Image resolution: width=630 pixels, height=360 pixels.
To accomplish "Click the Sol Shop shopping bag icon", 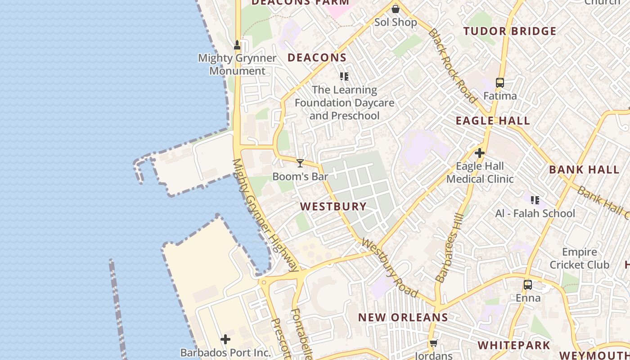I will (x=395, y=9).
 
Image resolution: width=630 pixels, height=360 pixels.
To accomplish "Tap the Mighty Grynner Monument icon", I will (x=237, y=45).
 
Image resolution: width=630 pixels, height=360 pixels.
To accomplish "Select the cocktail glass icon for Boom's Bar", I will (x=300, y=163).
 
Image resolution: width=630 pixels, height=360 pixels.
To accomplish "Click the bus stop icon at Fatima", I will (x=500, y=83).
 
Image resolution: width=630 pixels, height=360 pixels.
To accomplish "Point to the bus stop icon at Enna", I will (x=527, y=285).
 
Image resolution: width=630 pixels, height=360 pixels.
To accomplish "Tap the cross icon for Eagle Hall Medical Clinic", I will (x=480, y=153).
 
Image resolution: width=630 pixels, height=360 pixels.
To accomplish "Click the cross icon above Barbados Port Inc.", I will (x=225, y=339).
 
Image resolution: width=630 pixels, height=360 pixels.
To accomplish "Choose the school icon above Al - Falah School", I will (x=535, y=200).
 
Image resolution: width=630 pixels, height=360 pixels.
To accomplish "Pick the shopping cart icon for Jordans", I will (x=433, y=343).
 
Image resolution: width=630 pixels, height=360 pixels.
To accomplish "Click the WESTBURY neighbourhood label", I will (x=333, y=207).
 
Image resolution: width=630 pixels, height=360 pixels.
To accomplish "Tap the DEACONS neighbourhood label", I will (x=317, y=58).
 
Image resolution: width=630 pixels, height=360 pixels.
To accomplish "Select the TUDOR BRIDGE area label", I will (x=510, y=31).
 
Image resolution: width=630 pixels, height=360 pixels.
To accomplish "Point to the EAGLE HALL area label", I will (x=493, y=121).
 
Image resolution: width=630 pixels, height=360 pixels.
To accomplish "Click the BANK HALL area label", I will (x=584, y=170).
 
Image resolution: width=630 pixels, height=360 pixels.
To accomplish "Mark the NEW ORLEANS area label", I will (x=403, y=317).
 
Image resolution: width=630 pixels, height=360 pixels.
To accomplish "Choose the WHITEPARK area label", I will (x=513, y=346).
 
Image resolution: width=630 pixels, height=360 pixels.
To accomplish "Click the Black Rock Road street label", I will (x=452, y=65).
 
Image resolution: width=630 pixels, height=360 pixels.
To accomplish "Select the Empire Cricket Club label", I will (x=580, y=258).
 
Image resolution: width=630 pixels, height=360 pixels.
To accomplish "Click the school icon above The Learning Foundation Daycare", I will (x=344, y=76).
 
